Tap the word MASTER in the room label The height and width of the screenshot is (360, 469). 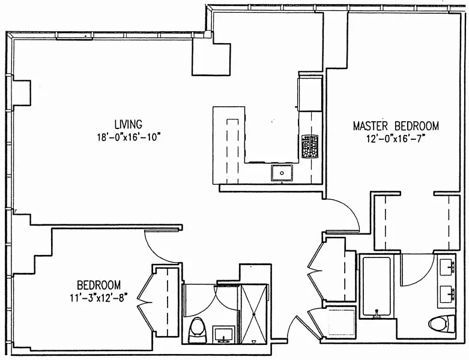pyautogui.click(x=371, y=126)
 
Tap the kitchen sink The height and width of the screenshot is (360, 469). pyautogui.click(x=282, y=173)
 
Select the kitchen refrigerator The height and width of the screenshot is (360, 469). pyautogui.click(x=309, y=94)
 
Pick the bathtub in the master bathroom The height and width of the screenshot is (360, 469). pyautogui.click(x=376, y=287)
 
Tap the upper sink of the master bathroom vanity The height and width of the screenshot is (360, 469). pyautogui.click(x=447, y=265)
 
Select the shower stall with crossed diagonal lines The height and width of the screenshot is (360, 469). pyautogui.click(x=254, y=313)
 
